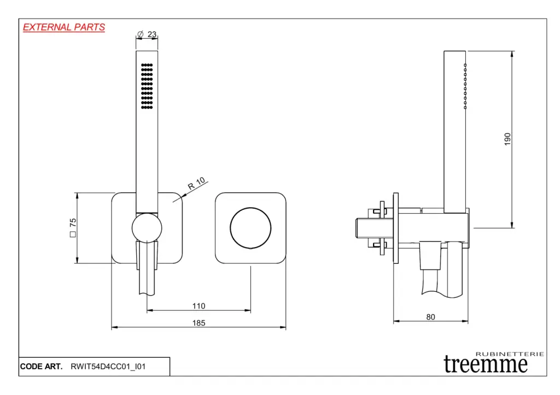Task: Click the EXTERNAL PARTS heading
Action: (64, 27)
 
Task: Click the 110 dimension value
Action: (199, 306)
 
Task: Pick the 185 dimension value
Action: (199, 323)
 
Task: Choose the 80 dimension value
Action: (430, 316)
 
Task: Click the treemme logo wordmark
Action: (486, 364)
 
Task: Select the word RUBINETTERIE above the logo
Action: (510, 354)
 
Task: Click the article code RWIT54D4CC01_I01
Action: (108, 367)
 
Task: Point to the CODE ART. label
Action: (41, 367)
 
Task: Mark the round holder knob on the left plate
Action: (147, 228)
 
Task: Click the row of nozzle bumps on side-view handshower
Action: (465, 86)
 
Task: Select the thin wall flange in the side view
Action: (395, 227)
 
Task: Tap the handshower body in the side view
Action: (454, 131)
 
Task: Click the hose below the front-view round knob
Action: (147, 273)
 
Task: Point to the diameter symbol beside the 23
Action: (141, 34)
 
